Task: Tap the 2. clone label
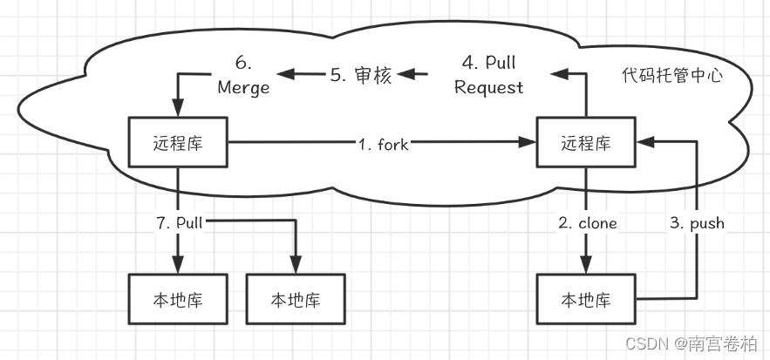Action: click(x=587, y=223)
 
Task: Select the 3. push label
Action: click(x=696, y=223)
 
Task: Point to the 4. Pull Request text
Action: click(x=489, y=76)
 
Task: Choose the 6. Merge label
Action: click(x=245, y=76)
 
